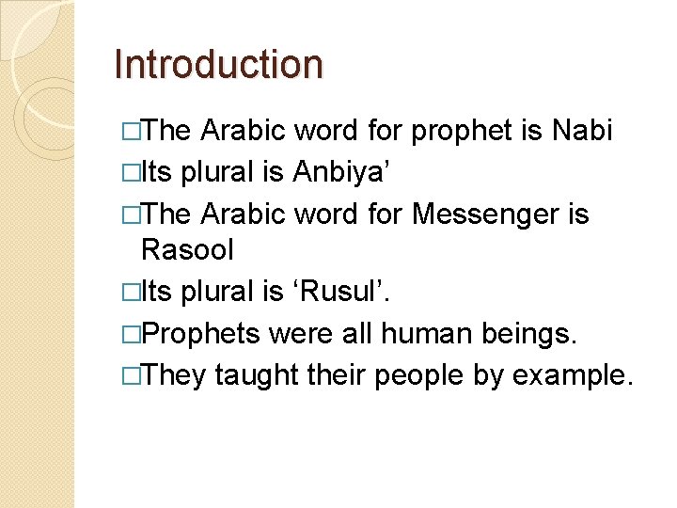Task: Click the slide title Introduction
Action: pos(217,64)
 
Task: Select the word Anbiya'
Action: pos(336,172)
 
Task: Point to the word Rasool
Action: pos(187,250)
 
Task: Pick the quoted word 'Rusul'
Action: pos(344,292)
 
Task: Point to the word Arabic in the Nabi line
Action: pos(244,131)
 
